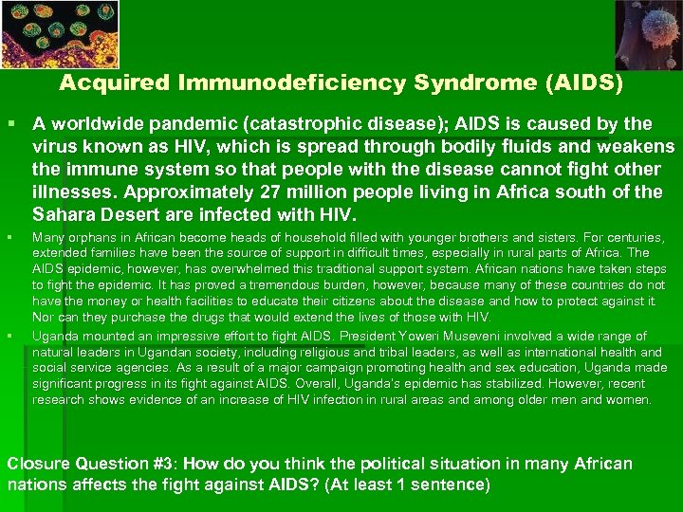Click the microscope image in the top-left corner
tap(46, 33)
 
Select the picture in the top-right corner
tap(647, 34)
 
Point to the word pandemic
tap(168, 124)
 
